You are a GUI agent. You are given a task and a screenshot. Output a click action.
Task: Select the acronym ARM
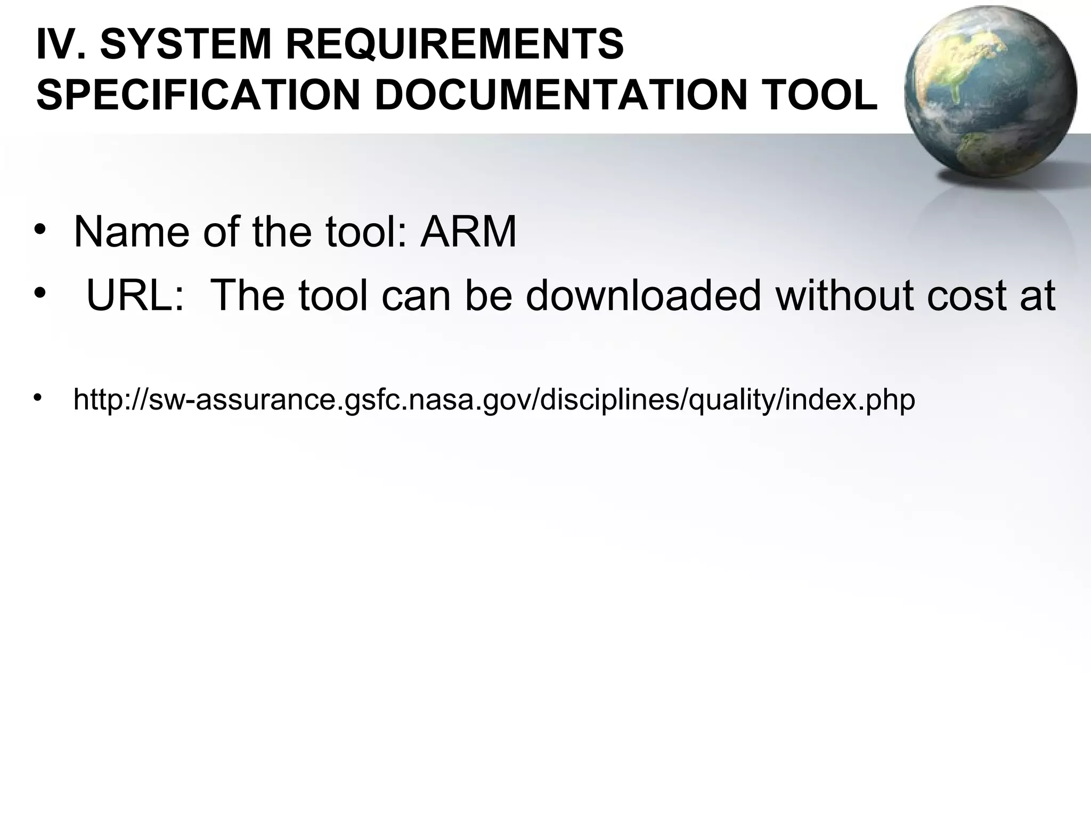coord(468,232)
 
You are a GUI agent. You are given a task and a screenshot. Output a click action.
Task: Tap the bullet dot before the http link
coord(37,398)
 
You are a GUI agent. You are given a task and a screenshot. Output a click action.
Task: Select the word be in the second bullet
coord(488,296)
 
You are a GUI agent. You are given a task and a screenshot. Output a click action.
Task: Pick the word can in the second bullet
coord(416,296)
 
